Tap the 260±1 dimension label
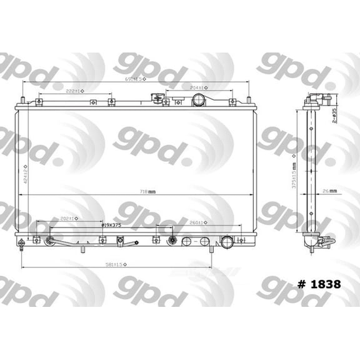[194, 222]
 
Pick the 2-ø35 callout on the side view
[334, 116]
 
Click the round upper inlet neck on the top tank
[199, 100]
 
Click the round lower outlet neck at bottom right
[227, 242]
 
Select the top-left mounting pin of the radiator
[24, 101]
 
